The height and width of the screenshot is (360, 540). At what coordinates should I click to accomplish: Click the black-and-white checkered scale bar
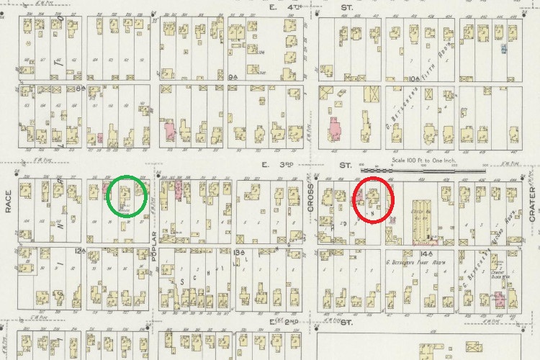pyautogui.click(x=439, y=170)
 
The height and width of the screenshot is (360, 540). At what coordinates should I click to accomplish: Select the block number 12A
pyautogui.click(x=79, y=251)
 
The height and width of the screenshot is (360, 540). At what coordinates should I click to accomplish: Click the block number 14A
pyautogui.click(x=421, y=253)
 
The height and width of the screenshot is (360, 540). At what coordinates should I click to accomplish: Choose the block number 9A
pyautogui.click(x=212, y=75)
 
